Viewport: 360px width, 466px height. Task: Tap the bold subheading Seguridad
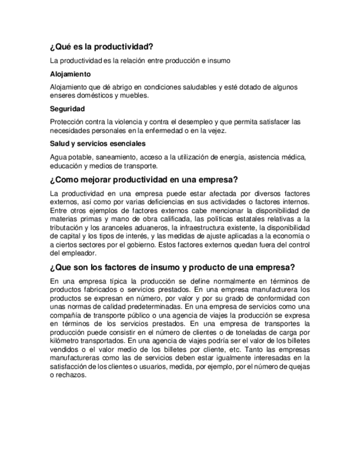coord(67,108)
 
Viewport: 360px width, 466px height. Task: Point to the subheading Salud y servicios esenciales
coord(97,143)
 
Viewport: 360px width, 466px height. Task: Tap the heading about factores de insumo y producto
coord(173,269)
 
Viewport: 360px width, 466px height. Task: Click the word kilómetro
coord(67,341)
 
